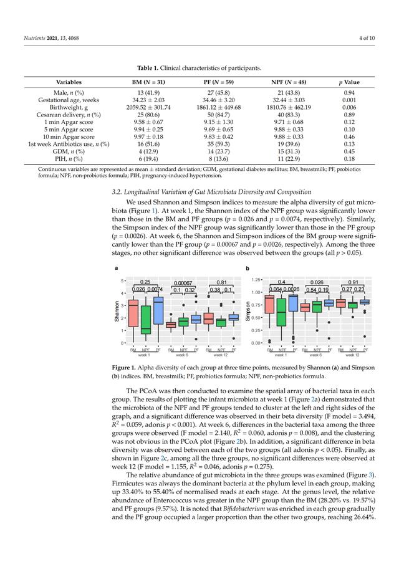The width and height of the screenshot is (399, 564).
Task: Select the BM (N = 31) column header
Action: (x=148, y=82)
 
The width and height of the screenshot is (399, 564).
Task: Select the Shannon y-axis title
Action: (x=117, y=311)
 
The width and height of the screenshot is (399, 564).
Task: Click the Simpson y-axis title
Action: (x=249, y=312)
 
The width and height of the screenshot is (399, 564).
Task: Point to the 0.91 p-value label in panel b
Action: (x=352, y=282)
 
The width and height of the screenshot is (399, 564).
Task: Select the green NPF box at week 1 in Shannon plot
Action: (x=146, y=325)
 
